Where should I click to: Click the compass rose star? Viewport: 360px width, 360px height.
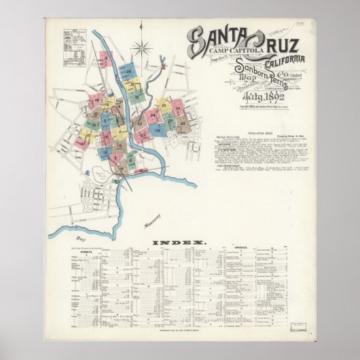(x=143, y=48)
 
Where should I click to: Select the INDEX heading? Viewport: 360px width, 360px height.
(x=179, y=242)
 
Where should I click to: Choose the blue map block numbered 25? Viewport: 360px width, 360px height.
(x=157, y=128)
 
